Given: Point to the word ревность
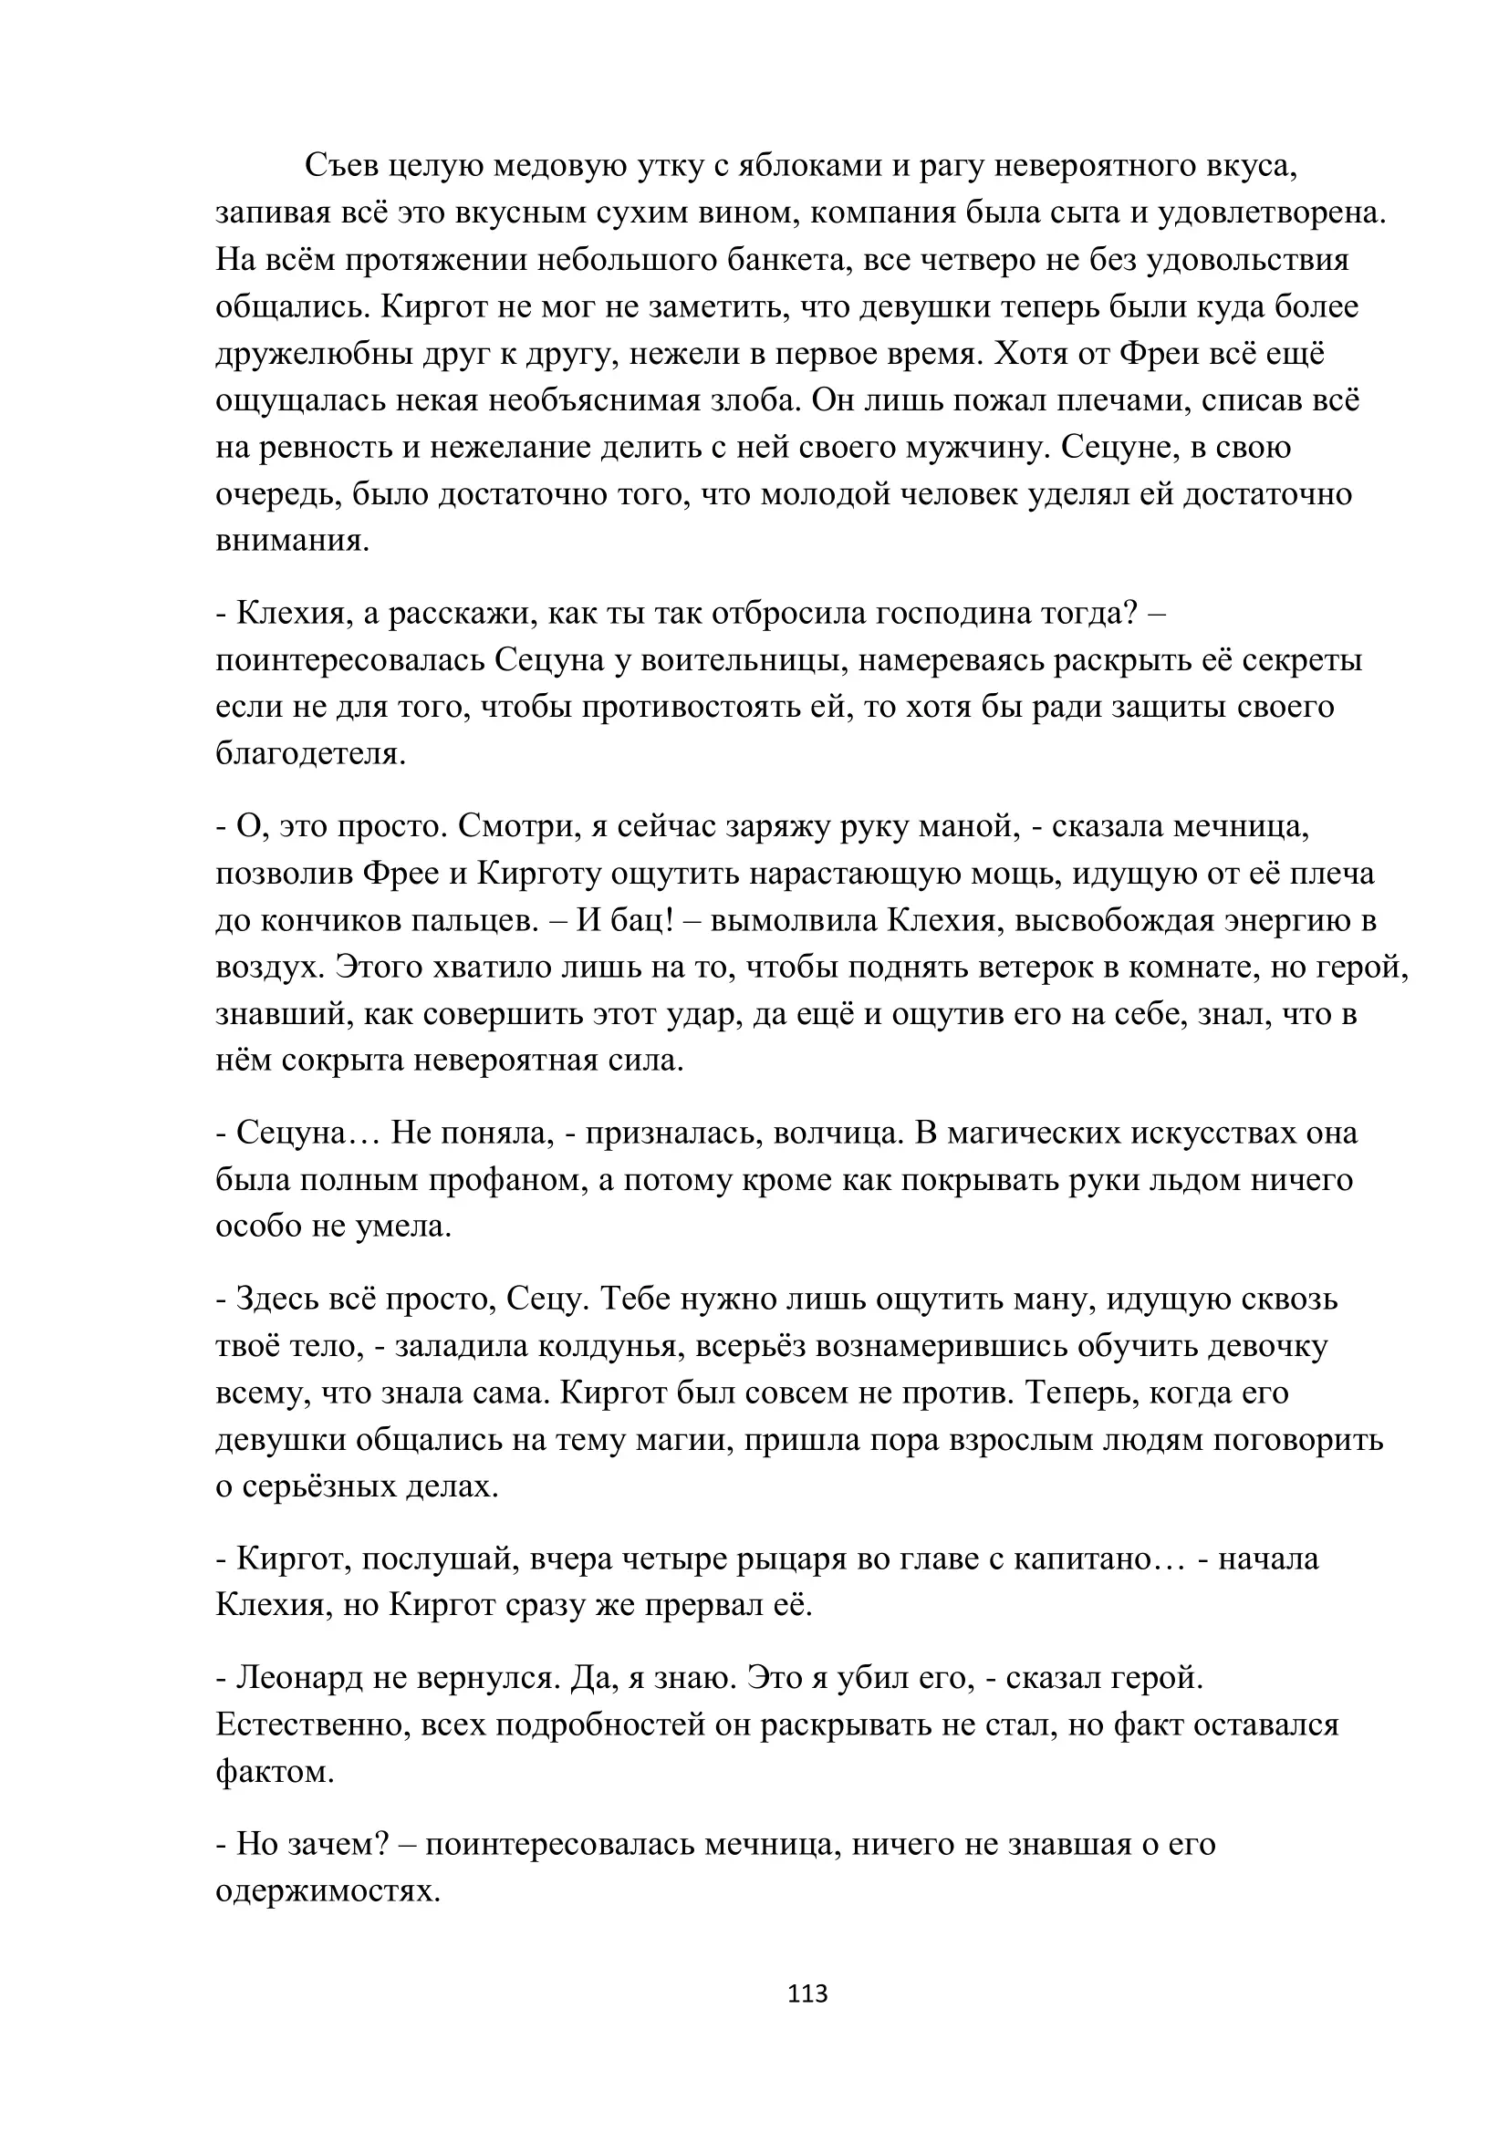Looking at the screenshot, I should (x=317, y=448).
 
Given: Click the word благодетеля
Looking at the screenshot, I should (x=310, y=753).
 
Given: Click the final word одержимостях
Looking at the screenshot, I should (x=328, y=1890).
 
